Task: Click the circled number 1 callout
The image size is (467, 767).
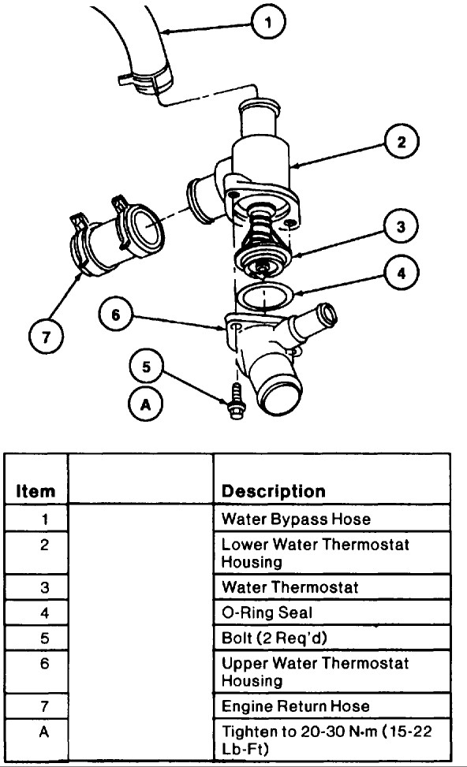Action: click(267, 22)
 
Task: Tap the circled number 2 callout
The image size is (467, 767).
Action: click(402, 142)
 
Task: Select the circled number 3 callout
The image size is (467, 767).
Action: click(401, 226)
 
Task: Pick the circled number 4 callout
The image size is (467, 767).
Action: click(402, 273)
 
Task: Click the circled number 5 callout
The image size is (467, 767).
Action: click(147, 367)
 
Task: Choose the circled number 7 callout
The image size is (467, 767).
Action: click(46, 337)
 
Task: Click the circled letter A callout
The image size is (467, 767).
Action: click(145, 404)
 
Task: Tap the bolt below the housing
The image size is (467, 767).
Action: click(237, 402)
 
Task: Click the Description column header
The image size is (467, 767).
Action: click(273, 490)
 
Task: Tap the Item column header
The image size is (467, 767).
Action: click(35, 490)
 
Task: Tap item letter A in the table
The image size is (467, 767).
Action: click(44, 732)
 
